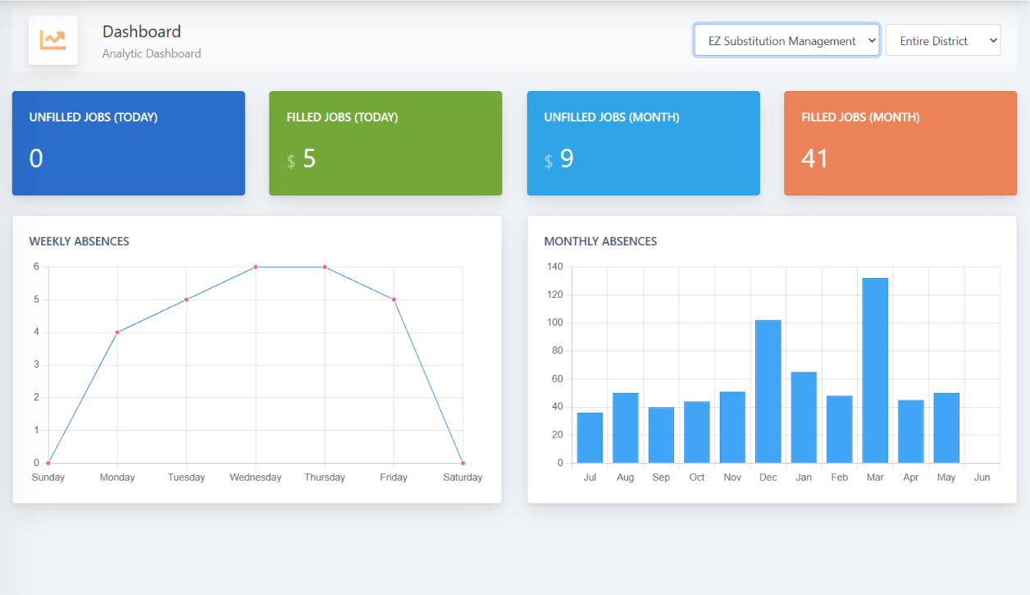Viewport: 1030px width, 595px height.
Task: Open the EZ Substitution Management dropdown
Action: pyautogui.click(x=786, y=40)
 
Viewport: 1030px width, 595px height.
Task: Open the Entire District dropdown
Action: pyautogui.click(x=942, y=40)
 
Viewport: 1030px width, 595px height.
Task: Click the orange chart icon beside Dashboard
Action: pyautogui.click(x=53, y=40)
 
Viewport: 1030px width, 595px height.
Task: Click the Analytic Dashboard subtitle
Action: pyautogui.click(x=152, y=53)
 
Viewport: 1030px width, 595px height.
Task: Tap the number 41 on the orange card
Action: pyautogui.click(x=814, y=158)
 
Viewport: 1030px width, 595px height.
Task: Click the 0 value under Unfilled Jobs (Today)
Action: pyautogui.click(x=36, y=158)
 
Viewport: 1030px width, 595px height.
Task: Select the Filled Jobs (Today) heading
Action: pyautogui.click(x=342, y=117)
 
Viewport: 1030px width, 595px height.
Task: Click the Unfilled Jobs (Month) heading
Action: pyautogui.click(x=611, y=117)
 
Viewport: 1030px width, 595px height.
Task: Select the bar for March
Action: pyautogui.click(x=875, y=370)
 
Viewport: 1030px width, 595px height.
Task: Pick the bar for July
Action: pyautogui.click(x=590, y=437)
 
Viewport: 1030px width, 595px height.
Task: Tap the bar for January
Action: pyautogui.click(x=804, y=417)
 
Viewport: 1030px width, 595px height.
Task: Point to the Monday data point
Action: pyautogui.click(x=117, y=332)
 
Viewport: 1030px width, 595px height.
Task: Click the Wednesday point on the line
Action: pyautogui.click(x=256, y=267)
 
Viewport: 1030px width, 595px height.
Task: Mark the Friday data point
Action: pyautogui.click(x=394, y=300)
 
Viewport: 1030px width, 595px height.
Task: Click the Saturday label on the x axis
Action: pyautogui.click(x=463, y=477)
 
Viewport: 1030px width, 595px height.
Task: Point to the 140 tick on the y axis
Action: pyautogui.click(x=554, y=267)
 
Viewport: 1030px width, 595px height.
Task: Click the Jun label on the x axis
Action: pyautogui.click(x=982, y=477)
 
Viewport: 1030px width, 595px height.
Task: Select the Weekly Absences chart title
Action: pyautogui.click(x=79, y=241)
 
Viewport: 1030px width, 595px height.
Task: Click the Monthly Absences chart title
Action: pyautogui.click(x=600, y=241)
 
